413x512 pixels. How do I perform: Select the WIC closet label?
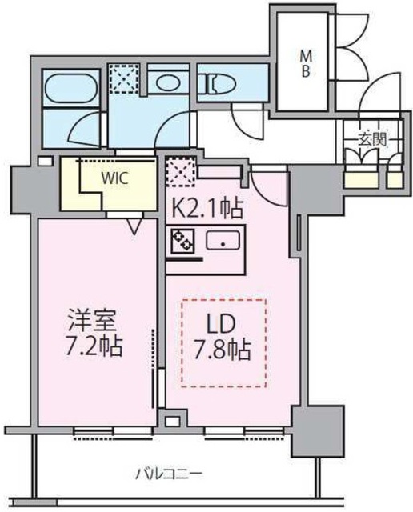point(113,178)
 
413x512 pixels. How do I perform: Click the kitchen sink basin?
point(221,239)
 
